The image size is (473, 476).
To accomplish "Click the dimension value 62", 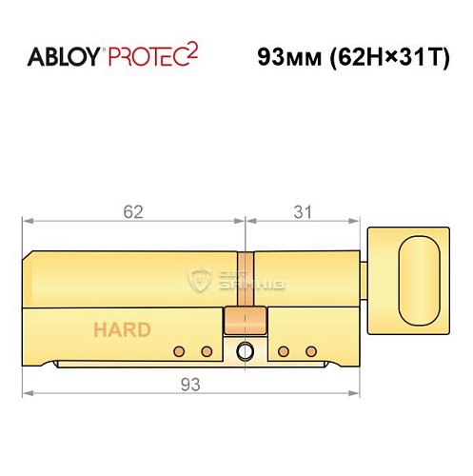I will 132,212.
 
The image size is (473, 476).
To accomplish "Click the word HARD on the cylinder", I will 121,330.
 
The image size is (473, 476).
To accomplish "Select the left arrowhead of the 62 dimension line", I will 27,222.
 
